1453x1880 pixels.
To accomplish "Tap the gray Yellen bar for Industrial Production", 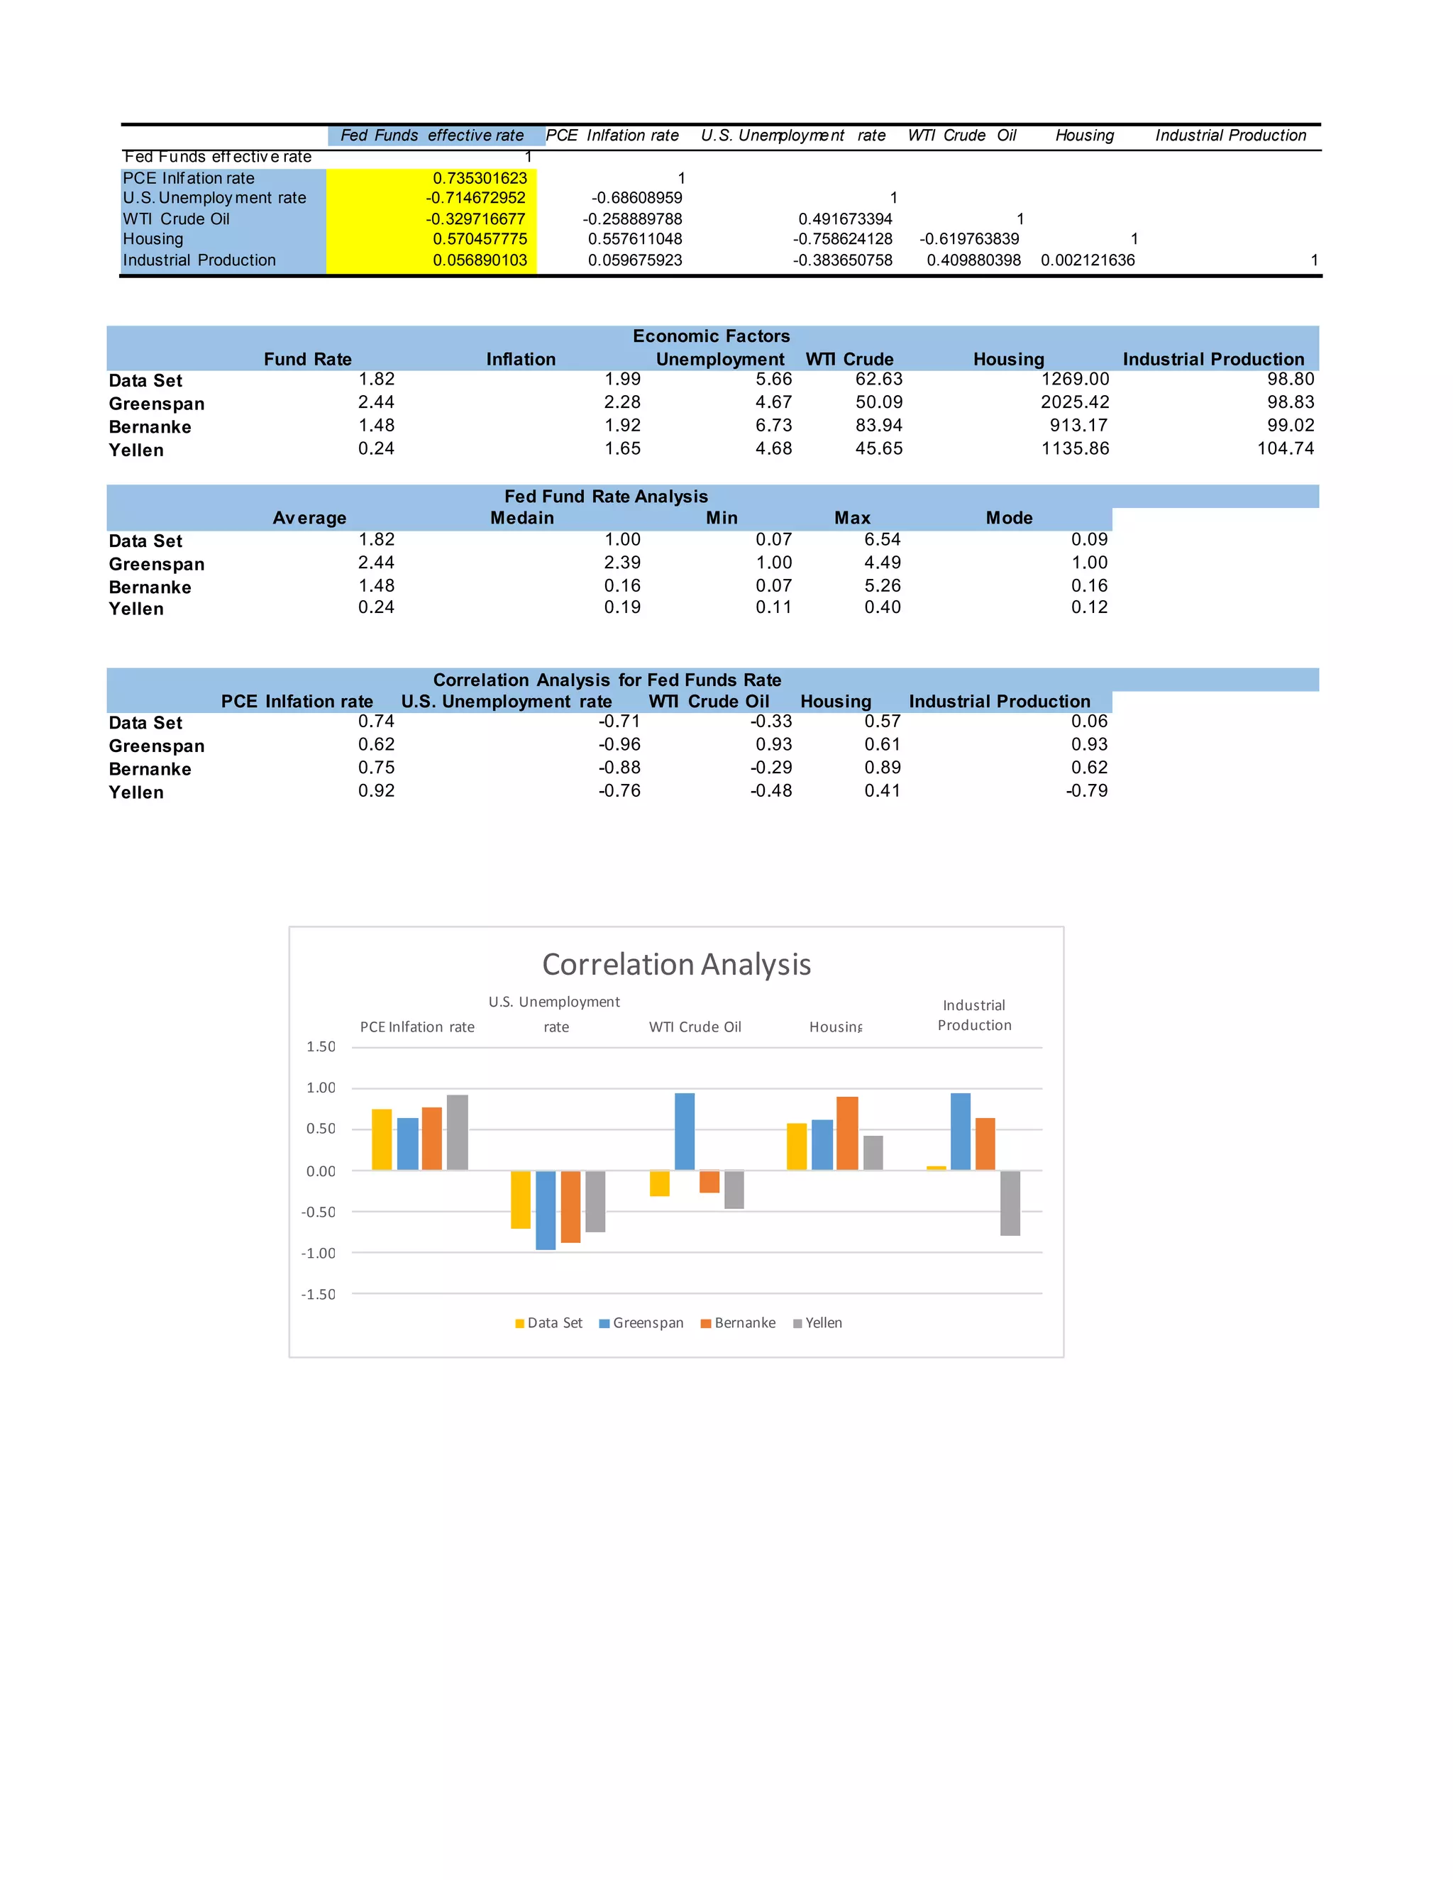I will click(x=1010, y=1202).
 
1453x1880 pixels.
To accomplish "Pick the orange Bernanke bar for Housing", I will click(x=847, y=1133).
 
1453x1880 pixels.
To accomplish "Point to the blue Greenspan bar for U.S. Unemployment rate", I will click(x=546, y=1210).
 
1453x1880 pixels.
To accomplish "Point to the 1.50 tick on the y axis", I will click(x=320, y=1046).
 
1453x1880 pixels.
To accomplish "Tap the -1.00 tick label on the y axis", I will click(x=318, y=1254).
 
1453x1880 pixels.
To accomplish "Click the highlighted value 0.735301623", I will click(x=480, y=178).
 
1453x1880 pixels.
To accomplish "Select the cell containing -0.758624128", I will click(x=842, y=239).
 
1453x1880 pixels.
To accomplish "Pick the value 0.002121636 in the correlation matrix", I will click(x=1087, y=260).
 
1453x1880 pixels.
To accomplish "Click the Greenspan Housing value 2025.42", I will click(x=1074, y=402).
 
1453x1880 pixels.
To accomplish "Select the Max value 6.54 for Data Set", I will click(x=883, y=540).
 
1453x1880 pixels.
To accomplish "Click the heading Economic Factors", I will click(x=711, y=336).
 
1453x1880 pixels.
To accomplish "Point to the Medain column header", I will click(x=521, y=518).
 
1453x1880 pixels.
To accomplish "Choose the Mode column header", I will click(x=1009, y=518).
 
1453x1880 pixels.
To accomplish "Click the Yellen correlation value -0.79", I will click(x=1086, y=791).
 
